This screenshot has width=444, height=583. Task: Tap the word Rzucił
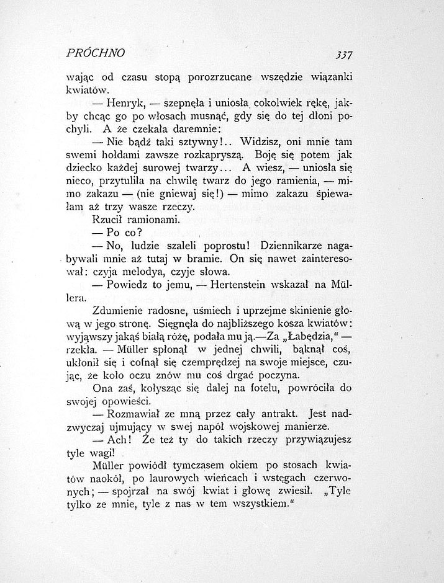[x=110, y=220]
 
